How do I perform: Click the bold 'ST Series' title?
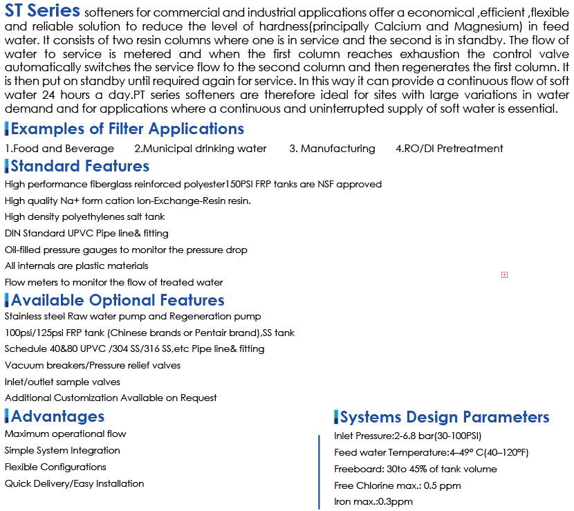(43, 12)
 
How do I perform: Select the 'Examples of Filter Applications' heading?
(127, 129)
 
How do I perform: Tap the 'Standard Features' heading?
(80, 166)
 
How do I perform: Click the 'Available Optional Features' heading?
(118, 300)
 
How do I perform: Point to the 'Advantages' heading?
(57, 416)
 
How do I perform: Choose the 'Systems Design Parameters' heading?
(444, 417)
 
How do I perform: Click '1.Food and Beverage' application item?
(59, 149)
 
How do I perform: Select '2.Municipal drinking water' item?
(200, 149)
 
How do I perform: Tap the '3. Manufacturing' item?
(332, 149)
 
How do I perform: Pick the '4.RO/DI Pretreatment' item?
(449, 149)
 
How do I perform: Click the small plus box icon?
(504, 275)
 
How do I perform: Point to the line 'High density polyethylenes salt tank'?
(84, 217)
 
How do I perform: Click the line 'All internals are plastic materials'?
(76, 266)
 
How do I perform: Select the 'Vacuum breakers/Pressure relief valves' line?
(93, 365)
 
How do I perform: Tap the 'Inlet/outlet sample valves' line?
(62, 382)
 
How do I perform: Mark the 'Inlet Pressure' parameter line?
(407, 436)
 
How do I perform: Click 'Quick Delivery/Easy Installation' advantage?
(74, 484)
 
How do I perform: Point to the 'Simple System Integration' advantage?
(62, 451)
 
